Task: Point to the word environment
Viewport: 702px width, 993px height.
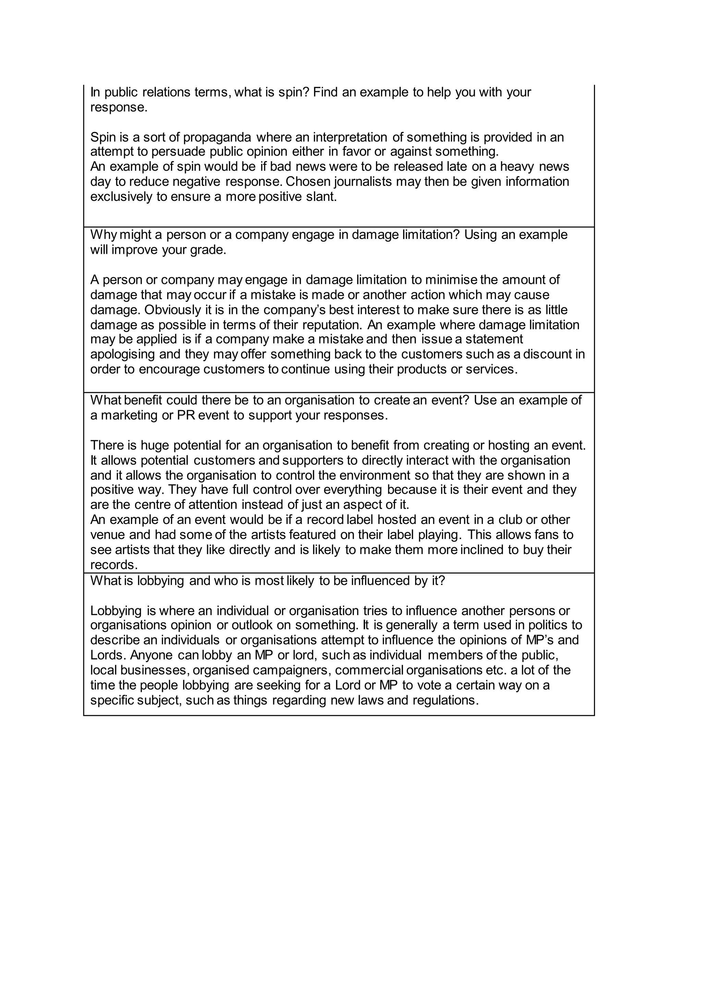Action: [x=374, y=475]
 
